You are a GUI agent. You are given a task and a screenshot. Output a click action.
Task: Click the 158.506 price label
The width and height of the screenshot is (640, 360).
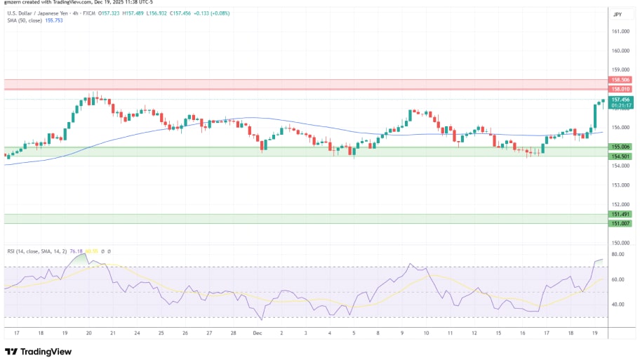tap(620, 81)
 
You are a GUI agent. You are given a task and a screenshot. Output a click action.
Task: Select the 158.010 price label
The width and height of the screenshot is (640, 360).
tap(620, 89)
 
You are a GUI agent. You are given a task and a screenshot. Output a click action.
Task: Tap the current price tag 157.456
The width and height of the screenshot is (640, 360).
tap(620, 100)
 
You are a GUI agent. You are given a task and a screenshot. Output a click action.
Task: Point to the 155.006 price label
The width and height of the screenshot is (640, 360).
tap(620, 147)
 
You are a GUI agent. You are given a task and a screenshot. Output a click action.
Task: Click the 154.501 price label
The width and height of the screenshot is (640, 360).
tap(620, 156)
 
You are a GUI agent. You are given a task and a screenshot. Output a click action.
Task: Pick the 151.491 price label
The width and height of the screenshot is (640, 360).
tap(620, 214)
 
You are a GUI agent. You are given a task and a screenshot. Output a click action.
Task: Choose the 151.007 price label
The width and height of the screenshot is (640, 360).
tap(620, 223)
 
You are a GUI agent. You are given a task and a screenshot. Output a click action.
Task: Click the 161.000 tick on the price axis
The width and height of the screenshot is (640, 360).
tap(620, 32)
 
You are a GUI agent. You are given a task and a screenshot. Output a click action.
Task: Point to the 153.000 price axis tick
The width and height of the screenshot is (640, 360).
tap(620, 185)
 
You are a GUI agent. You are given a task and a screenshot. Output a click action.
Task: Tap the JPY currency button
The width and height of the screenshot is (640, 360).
tap(618, 14)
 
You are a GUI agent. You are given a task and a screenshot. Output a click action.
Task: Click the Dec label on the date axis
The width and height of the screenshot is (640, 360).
tap(257, 334)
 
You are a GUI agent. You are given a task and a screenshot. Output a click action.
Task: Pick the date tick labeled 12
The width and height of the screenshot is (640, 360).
tap(475, 334)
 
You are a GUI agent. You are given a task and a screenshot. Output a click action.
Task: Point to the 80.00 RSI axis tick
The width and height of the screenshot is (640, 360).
tap(618, 254)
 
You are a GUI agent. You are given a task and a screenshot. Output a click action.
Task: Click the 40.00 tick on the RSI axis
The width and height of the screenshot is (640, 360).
tap(618, 305)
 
